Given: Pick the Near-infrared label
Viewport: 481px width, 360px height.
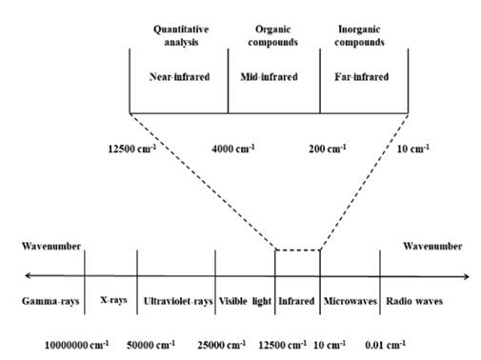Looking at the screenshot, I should pyautogui.click(x=178, y=75).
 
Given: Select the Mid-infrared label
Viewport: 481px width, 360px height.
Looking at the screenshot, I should pyautogui.click(x=273, y=75).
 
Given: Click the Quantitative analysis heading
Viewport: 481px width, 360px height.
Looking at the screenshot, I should pyautogui.click(x=178, y=35).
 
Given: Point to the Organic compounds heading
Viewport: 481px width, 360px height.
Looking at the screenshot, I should pyautogui.click(x=273, y=35).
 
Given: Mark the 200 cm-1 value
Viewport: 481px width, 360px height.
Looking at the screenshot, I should pyautogui.click(x=330, y=149).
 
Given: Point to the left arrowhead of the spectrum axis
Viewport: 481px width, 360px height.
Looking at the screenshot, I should pyautogui.click(x=28, y=276).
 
